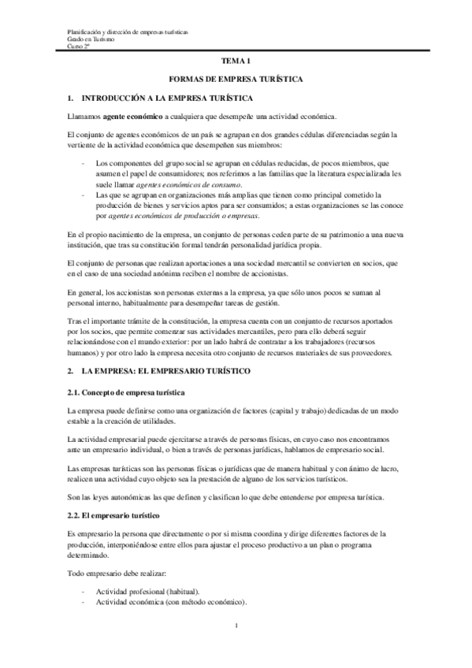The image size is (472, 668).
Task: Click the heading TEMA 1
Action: [236, 61]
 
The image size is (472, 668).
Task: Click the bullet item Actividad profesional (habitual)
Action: [147, 591]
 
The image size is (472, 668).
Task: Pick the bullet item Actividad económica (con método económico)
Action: [172, 602]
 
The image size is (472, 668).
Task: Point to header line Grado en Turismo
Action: [90, 39]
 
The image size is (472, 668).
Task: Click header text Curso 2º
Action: [78, 46]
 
